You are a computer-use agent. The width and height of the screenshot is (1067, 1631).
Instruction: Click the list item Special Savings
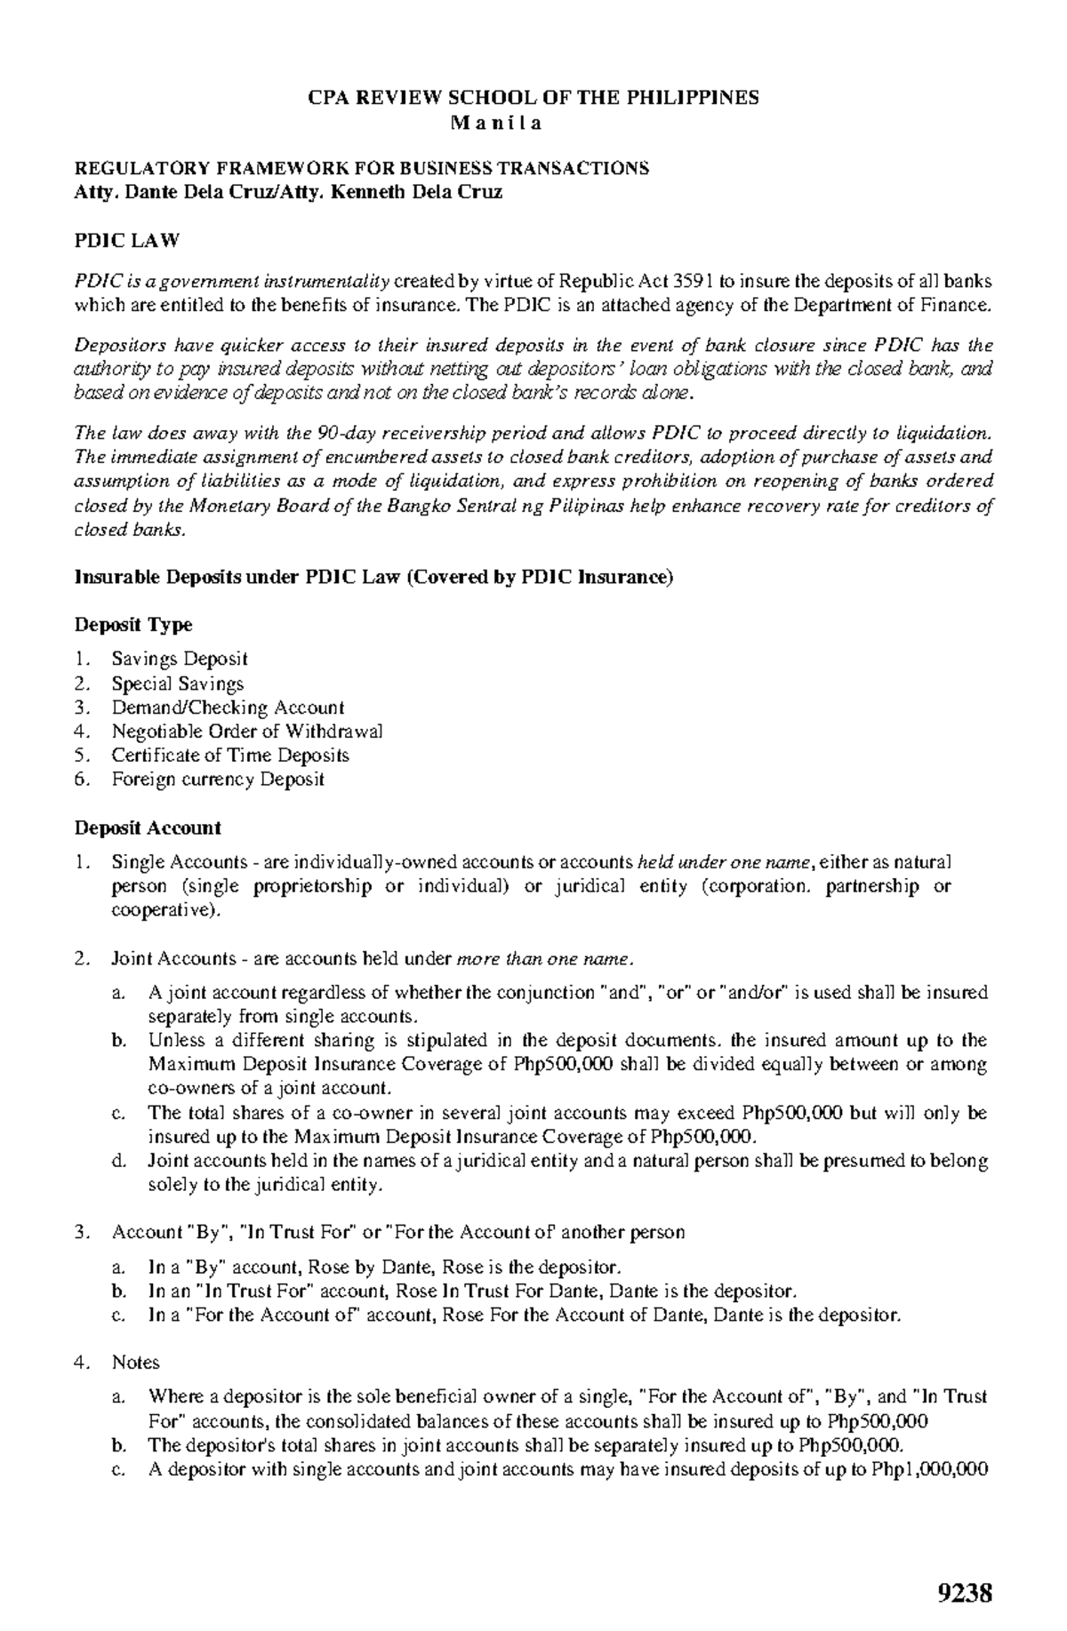[177, 684]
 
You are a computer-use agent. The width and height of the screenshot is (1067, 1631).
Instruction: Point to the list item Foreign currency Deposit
[217, 780]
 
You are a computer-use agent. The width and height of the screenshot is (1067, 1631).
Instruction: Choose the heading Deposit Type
[132, 625]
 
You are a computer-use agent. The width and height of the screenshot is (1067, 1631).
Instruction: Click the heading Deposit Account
[147, 827]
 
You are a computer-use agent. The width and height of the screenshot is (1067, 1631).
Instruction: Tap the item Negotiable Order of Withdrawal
[247, 732]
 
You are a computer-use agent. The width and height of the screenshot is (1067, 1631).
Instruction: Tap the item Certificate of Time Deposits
[229, 756]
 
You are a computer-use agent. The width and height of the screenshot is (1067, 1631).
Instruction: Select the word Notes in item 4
[135, 1362]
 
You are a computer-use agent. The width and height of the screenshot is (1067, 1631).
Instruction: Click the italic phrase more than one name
[544, 959]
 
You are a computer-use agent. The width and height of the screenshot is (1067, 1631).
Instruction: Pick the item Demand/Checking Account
[227, 708]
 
